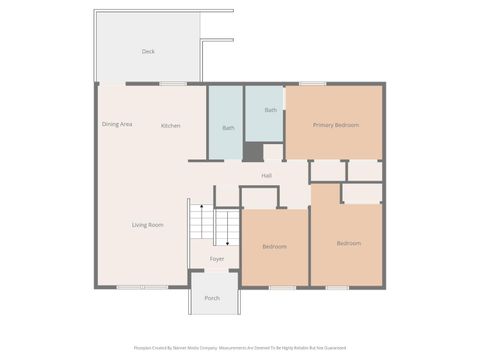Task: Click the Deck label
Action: [148, 51]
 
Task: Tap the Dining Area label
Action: [117, 124]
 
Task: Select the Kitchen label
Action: [171, 125]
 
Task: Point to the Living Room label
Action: [147, 225]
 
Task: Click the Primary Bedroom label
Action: [335, 125]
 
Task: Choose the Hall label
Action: [267, 176]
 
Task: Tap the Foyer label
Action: [216, 259]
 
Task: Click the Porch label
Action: [212, 298]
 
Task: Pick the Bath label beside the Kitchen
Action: [228, 128]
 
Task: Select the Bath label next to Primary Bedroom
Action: [271, 110]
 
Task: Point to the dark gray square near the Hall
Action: [254, 151]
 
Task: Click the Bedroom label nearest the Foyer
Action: [274, 246]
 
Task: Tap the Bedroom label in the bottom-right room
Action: [348, 243]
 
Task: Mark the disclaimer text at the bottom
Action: [239, 348]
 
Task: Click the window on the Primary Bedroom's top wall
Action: [313, 83]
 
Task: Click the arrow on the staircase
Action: [228, 228]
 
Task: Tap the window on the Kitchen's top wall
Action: [173, 83]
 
